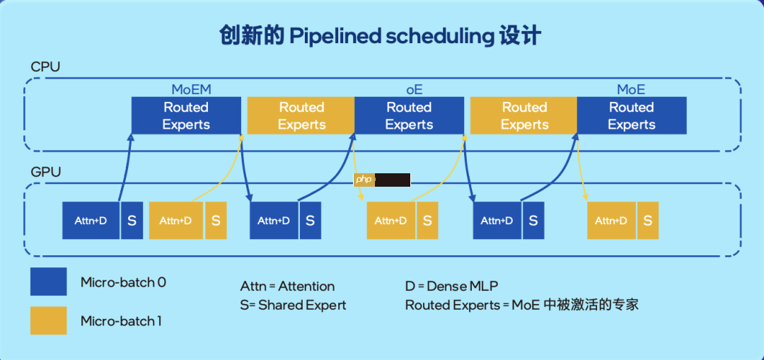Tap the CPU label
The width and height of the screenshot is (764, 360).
[45, 67]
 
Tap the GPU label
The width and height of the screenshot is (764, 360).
[45, 172]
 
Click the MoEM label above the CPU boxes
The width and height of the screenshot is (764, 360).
[191, 90]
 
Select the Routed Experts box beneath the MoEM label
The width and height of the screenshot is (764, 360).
[186, 116]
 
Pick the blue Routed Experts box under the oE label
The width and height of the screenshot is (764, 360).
[409, 116]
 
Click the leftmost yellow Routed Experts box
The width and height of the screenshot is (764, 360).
[301, 116]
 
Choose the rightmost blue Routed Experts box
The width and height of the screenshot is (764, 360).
[631, 116]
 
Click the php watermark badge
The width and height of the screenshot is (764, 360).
[364, 180]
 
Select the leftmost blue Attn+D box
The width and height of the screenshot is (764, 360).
[91, 221]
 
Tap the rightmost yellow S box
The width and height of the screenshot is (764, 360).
[647, 221]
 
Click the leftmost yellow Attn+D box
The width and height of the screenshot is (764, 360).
[175, 221]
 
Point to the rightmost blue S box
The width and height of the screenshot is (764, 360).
[533, 221]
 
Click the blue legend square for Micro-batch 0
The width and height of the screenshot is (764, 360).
[48, 281]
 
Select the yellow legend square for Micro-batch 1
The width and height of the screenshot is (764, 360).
[48, 320]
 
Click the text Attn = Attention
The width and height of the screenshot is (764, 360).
[287, 286]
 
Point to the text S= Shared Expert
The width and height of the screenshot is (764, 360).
[293, 306]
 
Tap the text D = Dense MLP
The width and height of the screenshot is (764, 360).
[451, 286]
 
